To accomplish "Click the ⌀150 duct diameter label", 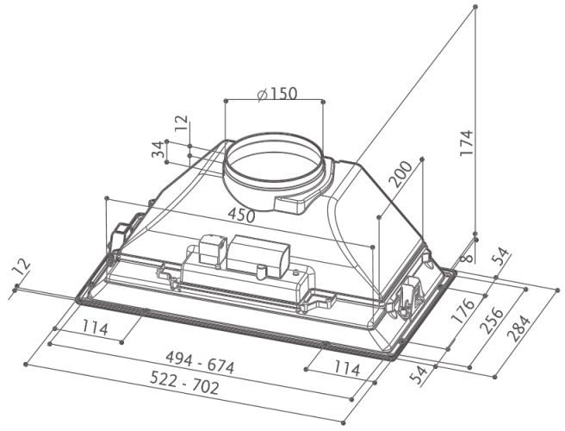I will click(x=276, y=93).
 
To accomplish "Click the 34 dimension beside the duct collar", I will click(x=158, y=150).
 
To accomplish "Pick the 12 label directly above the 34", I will click(x=179, y=125).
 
